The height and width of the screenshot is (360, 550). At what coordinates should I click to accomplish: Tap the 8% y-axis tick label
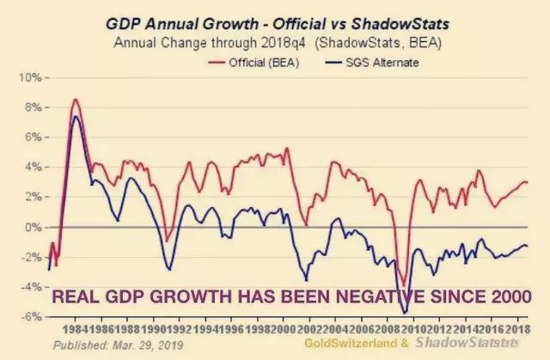point(34,108)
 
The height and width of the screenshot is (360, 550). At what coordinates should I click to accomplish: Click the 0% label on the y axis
point(34,228)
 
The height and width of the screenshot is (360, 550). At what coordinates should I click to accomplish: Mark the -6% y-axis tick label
point(32,317)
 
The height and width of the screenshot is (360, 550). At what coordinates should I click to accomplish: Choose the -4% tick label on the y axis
point(32,287)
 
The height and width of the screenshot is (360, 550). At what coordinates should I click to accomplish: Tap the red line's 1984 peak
point(76,100)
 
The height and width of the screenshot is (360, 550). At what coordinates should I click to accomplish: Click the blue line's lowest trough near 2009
point(405,314)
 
